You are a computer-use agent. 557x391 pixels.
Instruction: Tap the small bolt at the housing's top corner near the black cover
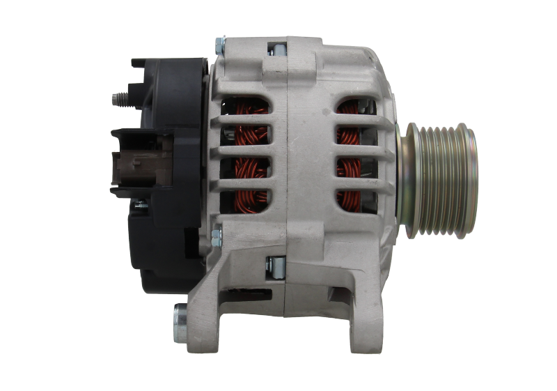(219, 47)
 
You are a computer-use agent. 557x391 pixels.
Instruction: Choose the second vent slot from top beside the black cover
(246, 137)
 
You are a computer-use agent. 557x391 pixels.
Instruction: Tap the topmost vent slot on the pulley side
(356, 108)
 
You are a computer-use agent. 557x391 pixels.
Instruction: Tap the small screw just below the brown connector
(137, 203)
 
